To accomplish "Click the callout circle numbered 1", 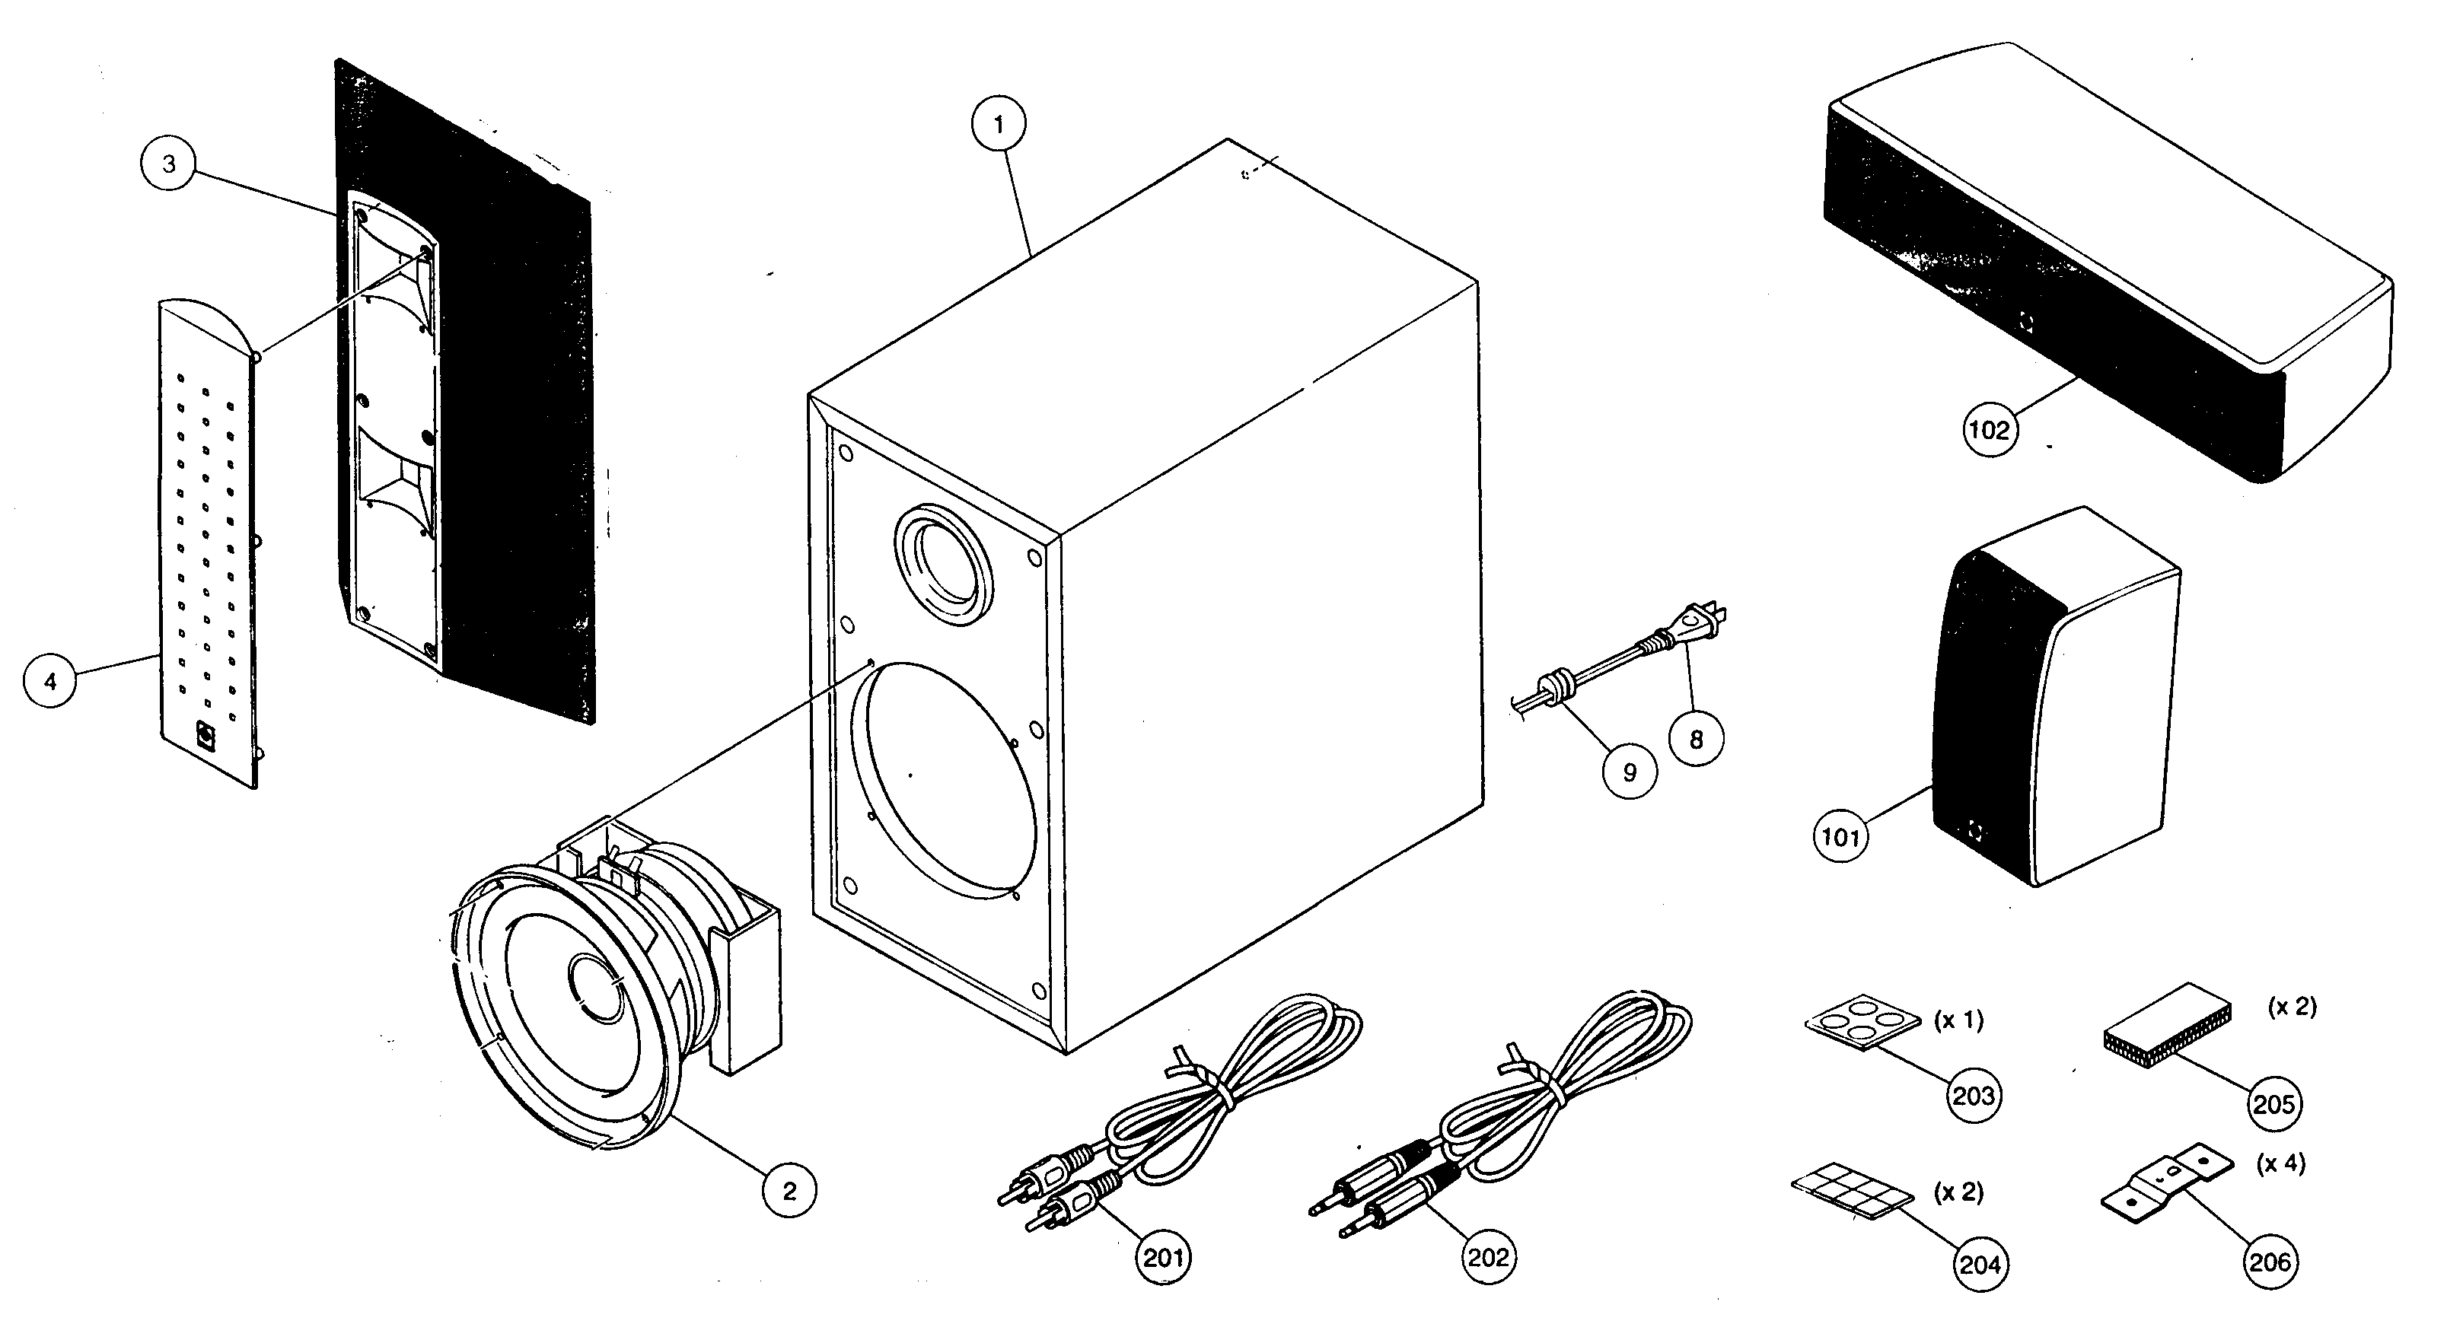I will pos(998,124).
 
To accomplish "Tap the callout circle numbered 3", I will pos(168,164).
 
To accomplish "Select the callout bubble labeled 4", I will pos(49,680).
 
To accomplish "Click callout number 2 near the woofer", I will pos(789,1190).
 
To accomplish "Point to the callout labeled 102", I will pos(1989,430).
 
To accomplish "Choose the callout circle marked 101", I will pos(1840,839).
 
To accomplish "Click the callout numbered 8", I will pos(1697,738).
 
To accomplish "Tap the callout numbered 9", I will pos(1630,772).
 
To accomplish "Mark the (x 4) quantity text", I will pos(2280,1163).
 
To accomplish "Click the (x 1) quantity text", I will pos(1958,1020).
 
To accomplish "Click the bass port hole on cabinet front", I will pos(944,564).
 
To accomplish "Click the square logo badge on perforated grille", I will pos(205,734).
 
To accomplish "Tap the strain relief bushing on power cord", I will pos(1553,687).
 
